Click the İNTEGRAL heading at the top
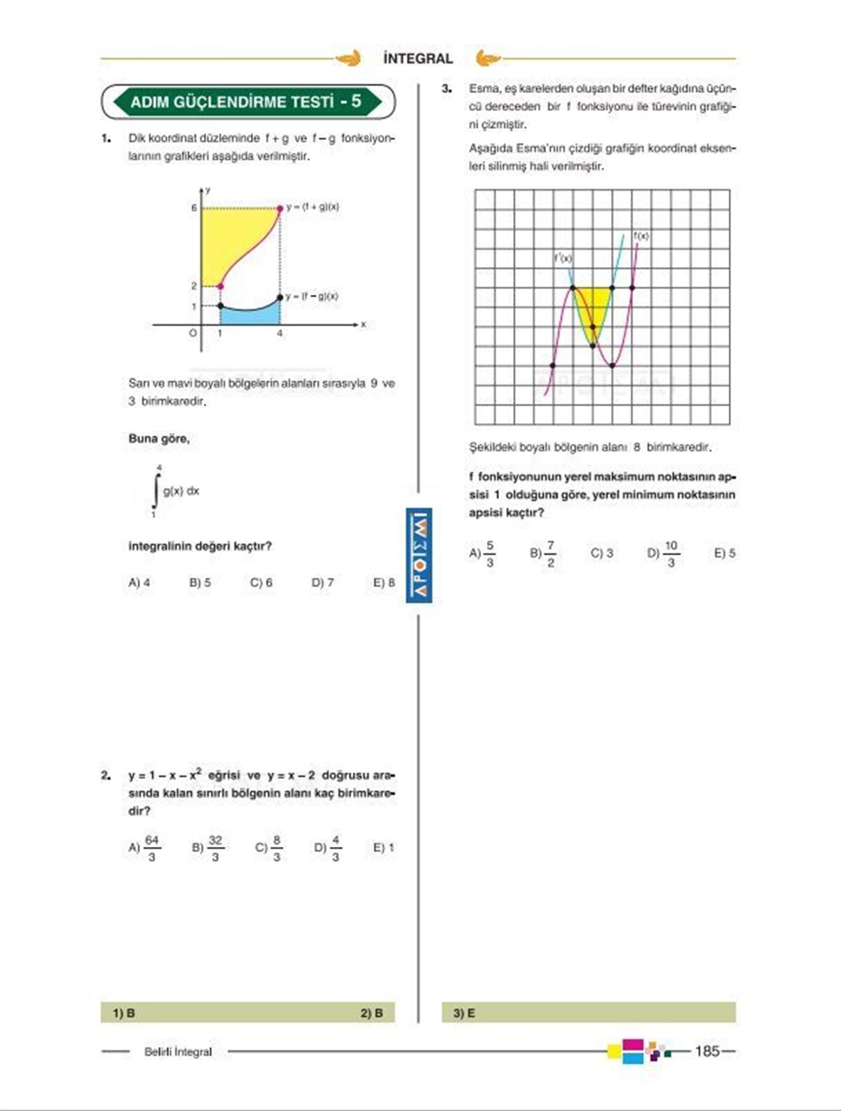tap(418, 59)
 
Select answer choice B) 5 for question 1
tap(200, 582)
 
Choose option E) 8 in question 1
tap(384, 582)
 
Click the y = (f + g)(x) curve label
tap(313, 207)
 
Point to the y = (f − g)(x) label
tap(312, 296)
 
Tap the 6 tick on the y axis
tap(194, 208)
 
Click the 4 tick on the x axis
tap(280, 334)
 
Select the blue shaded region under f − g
tap(249, 316)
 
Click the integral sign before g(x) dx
tap(156, 490)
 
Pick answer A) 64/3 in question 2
tap(144, 848)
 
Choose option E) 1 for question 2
tap(383, 848)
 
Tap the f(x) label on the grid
tap(641, 236)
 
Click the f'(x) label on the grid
tap(563, 258)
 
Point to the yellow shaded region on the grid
tap(593, 305)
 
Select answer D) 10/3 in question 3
tap(664, 553)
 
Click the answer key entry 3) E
tap(464, 1013)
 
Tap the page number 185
tap(707, 1051)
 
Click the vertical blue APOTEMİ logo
tap(419, 555)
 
